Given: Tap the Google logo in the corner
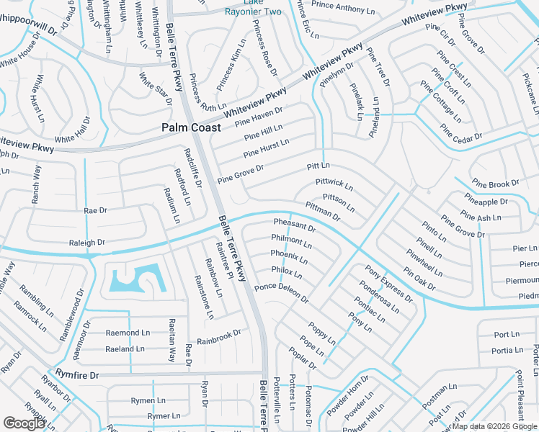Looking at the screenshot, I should point(24,423).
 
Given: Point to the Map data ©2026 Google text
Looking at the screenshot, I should point(494,426).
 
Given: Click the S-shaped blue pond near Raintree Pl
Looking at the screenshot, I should point(134,279).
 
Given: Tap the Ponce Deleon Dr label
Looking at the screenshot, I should point(281,293).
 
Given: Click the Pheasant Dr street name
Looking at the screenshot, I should point(295,227).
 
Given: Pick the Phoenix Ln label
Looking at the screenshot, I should point(289,256).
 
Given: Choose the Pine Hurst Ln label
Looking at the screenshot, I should point(266,148).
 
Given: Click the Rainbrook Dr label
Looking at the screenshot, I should point(218,336).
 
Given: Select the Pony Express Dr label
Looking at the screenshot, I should point(388,284).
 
